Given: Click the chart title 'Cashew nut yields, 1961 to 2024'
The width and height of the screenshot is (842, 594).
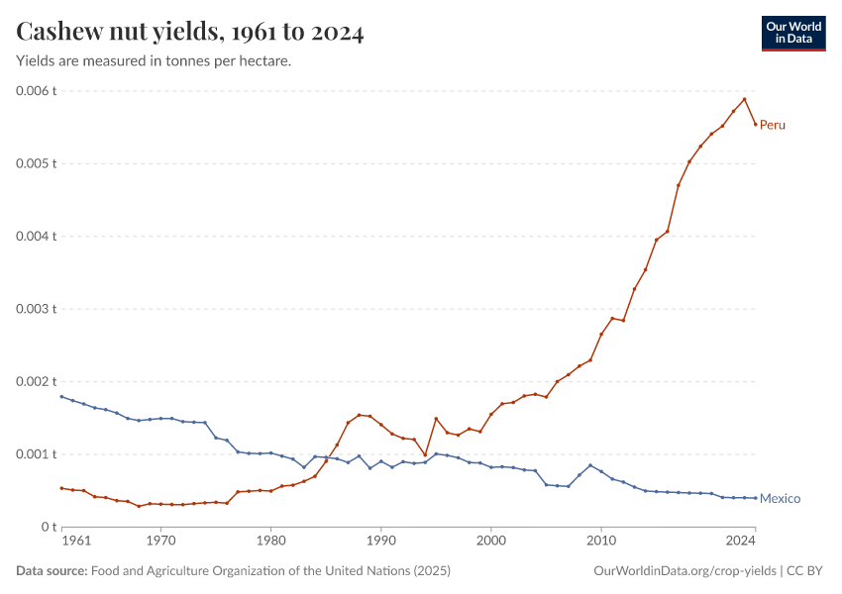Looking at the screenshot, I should [190, 33].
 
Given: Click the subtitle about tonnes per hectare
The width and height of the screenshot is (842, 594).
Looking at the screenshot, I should [154, 61].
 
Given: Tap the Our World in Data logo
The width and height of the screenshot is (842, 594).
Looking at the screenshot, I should [792, 33].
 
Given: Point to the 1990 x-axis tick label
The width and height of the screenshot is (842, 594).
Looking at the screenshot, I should [380, 542].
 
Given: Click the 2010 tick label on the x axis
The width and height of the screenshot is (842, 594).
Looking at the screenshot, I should [600, 542].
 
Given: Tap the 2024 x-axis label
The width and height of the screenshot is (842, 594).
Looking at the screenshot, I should [741, 542].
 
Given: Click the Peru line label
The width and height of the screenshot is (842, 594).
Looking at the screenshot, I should [773, 125].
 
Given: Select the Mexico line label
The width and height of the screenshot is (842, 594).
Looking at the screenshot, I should [780, 499].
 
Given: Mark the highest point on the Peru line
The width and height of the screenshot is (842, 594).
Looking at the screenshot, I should [744, 99].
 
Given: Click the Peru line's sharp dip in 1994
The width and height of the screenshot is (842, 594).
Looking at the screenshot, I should [425, 455].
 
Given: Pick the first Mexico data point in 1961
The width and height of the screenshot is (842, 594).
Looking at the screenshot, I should [61, 397].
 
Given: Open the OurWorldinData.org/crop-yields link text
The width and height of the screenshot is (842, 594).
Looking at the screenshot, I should [684, 571].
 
